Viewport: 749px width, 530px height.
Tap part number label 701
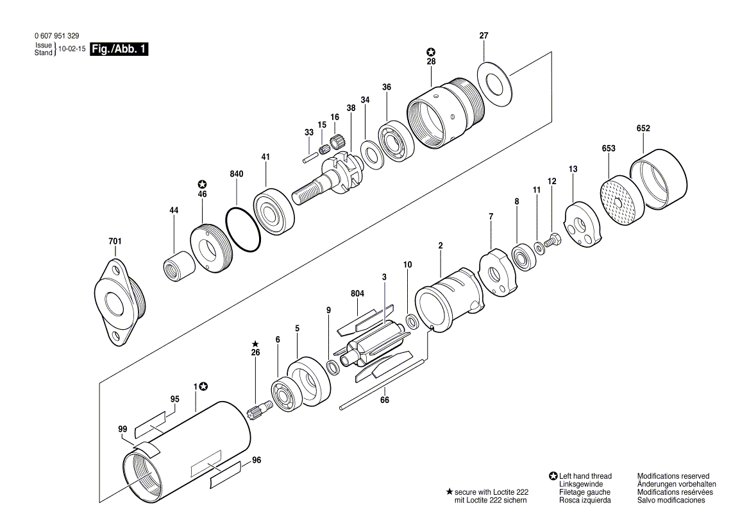pyautogui.click(x=115, y=241)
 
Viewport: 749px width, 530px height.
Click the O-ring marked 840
pyautogui.click(x=243, y=230)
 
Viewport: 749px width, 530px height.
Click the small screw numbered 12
pyautogui.click(x=552, y=243)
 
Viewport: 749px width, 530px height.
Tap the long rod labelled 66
pyautogui.click(x=383, y=384)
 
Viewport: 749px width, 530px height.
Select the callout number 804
pyautogui.click(x=357, y=294)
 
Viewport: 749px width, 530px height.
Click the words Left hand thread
pyautogui.click(x=585, y=476)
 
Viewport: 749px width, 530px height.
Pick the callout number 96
pyautogui.click(x=257, y=460)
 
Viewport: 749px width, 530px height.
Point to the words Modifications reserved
pyautogui.click(x=673, y=476)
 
